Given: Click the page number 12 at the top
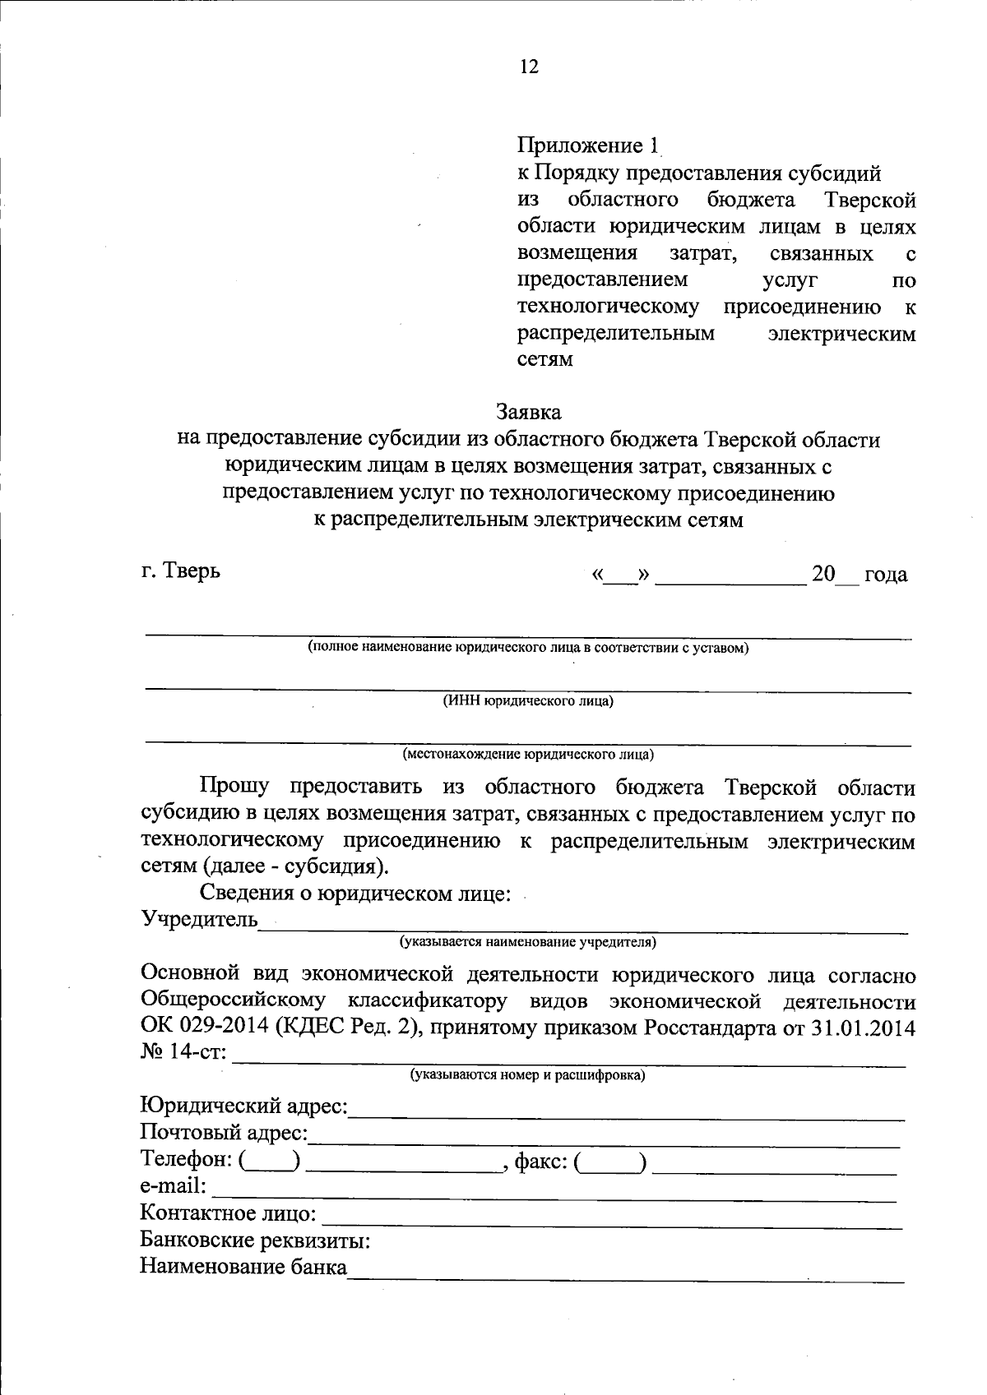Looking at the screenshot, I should coord(529,67).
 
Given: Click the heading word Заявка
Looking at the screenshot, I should coord(528,410).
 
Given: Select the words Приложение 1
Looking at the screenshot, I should coord(587,146).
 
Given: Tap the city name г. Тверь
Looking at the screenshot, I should coord(180,570).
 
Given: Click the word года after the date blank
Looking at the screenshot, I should coord(886,575).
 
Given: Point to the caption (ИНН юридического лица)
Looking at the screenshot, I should coord(528,701).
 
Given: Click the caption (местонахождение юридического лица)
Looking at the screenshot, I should coord(528,753).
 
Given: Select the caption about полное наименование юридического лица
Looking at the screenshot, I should coord(528,648).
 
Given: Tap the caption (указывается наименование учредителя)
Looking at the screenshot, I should coord(528,941).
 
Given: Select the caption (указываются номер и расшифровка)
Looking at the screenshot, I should coord(528,1074).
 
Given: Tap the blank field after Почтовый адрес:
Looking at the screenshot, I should coord(605,1141).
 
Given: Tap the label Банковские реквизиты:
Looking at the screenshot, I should coord(254,1240).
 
